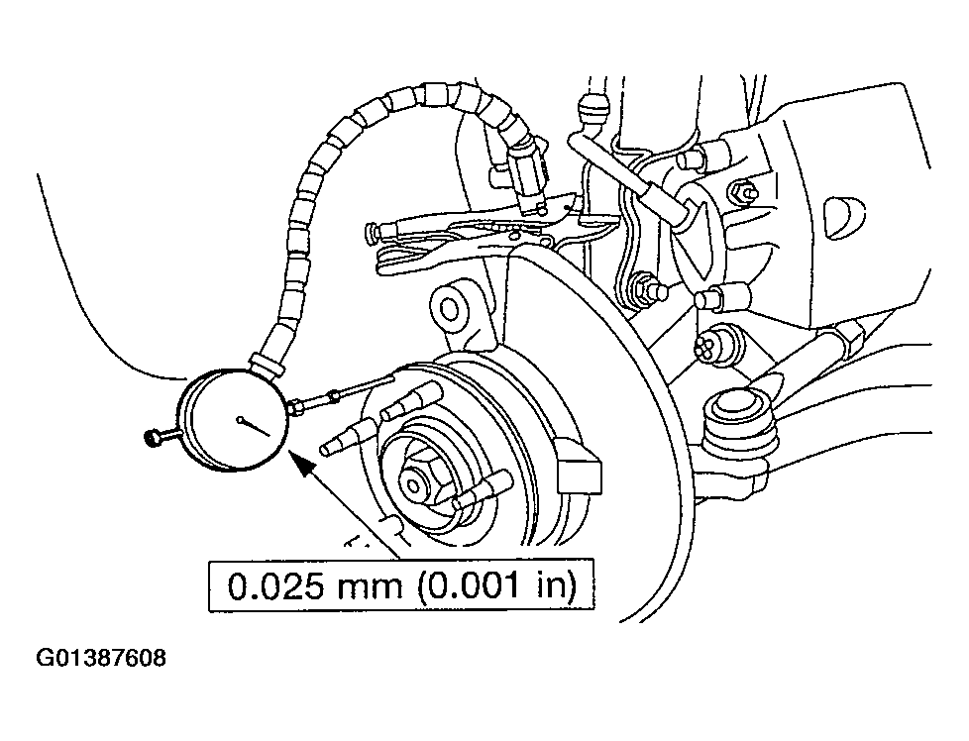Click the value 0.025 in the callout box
(275, 585)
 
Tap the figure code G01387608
(101, 658)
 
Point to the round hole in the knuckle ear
(449, 309)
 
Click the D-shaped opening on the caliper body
(845, 218)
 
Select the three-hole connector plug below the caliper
(712, 342)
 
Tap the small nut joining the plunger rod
(334, 396)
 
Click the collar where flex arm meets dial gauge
(267, 362)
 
